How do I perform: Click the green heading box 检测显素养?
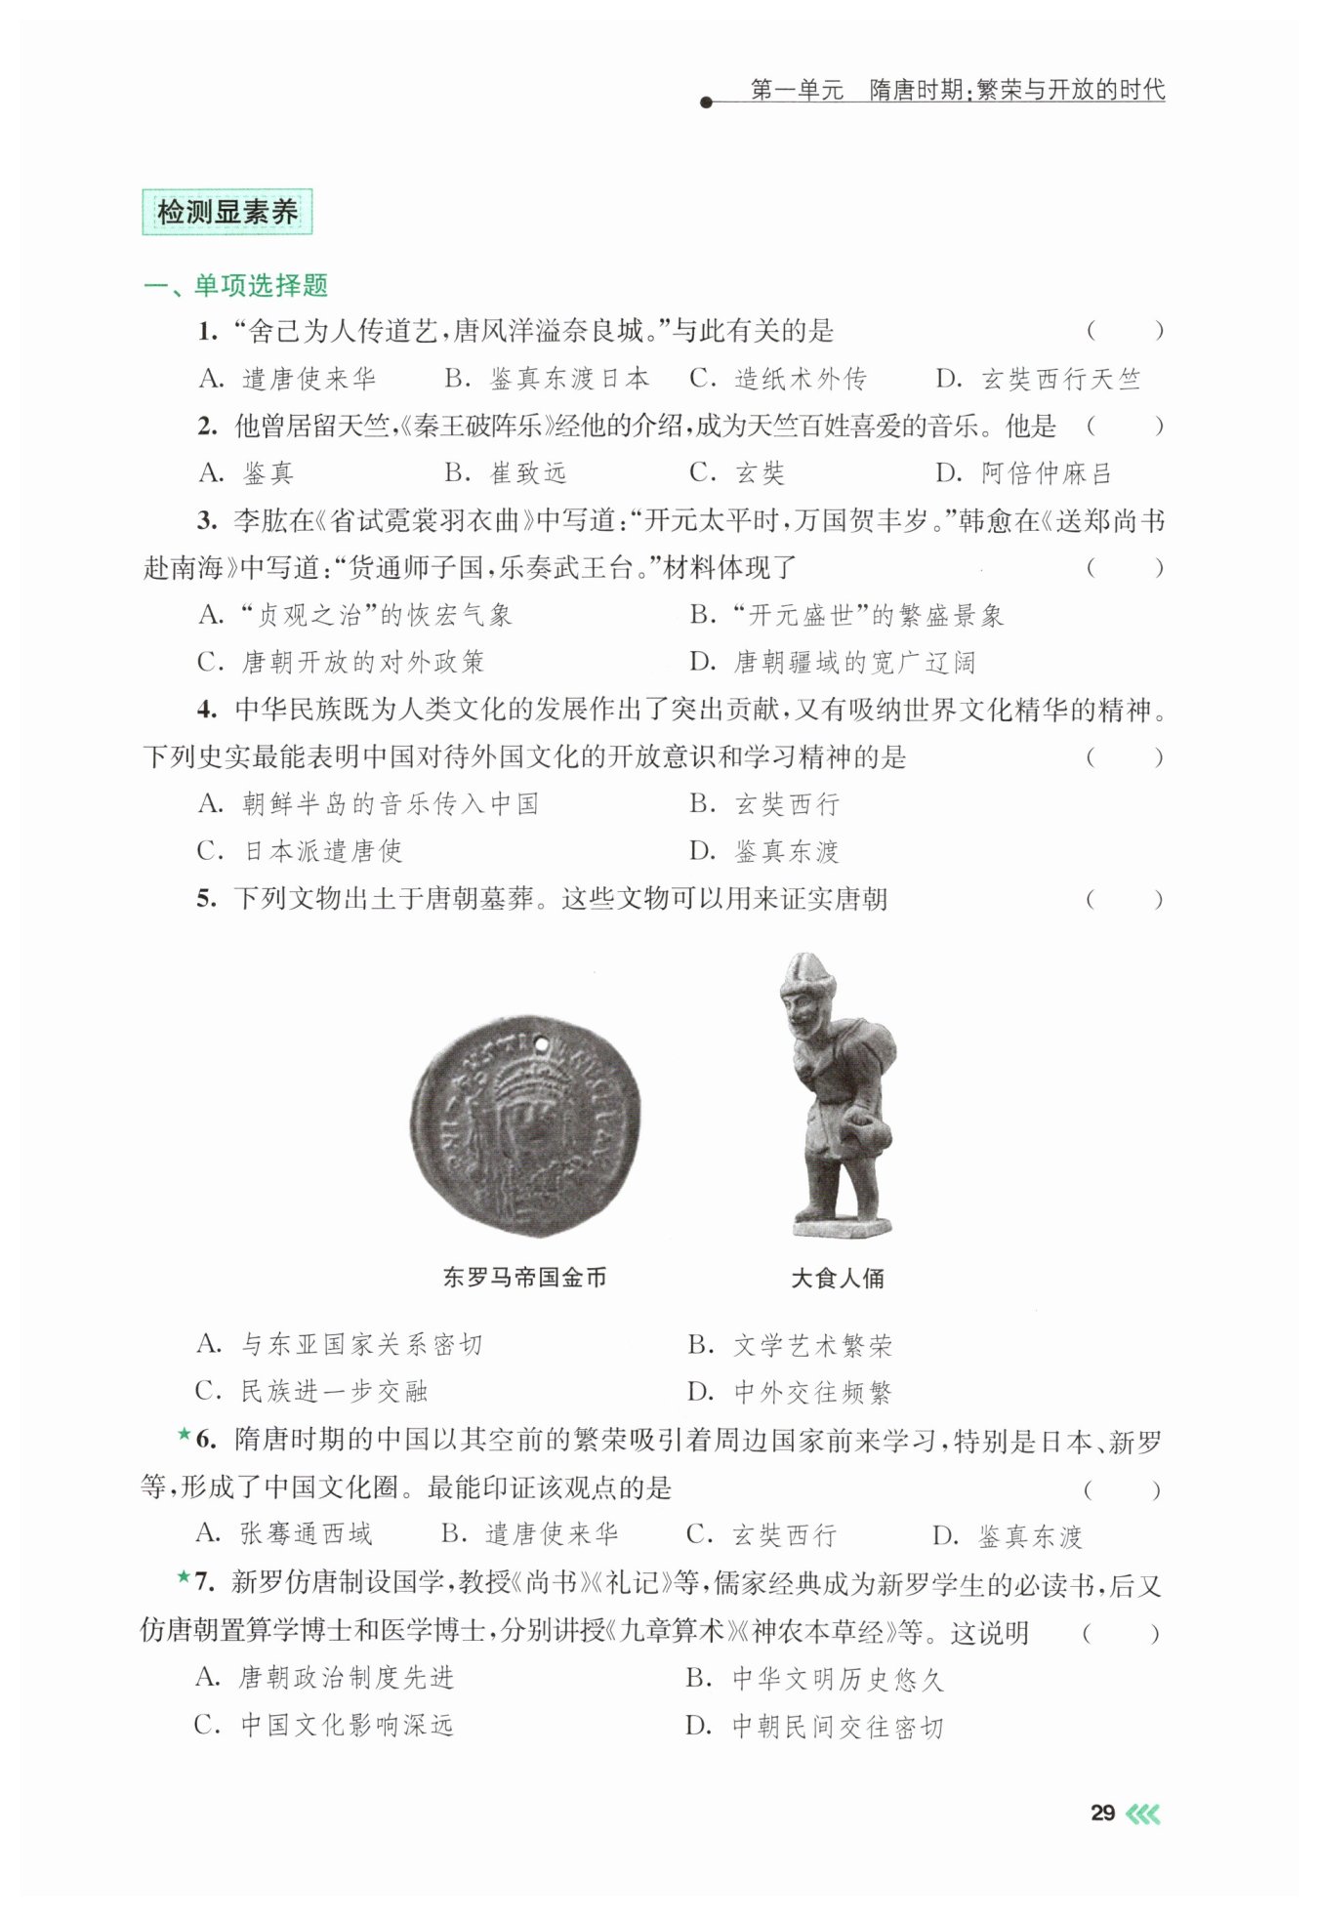tap(227, 212)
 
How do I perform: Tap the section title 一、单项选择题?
tap(235, 286)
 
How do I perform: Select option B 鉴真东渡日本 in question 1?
tap(547, 379)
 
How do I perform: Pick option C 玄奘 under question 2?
tap(737, 473)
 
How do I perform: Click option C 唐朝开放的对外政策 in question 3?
tap(341, 663)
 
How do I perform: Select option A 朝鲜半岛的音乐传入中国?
tap(368, 804)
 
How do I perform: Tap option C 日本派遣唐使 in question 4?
tap(300, 851)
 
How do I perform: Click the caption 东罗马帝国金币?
tap(524, 1278)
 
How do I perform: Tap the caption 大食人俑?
tap(838, 1279)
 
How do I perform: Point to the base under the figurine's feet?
tap(843, 1225)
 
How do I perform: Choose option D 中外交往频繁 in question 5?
tap(790, 1393)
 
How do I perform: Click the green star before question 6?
tap(184, 1435)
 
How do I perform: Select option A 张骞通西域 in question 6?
tap(284, 1534)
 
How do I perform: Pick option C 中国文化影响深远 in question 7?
tap(324, 1726)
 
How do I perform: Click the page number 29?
tap(1102, 1813)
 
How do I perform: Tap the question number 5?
tap(205, 899)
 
